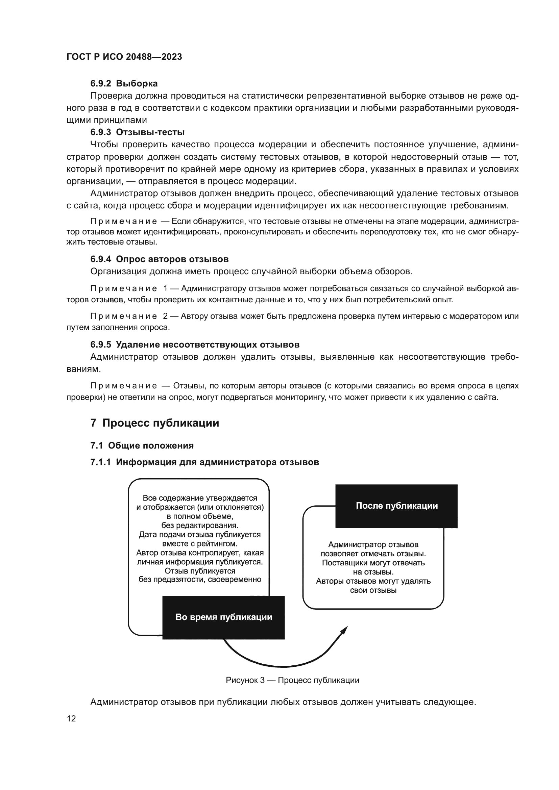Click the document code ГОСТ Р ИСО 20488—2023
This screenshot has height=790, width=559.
pos(124,57)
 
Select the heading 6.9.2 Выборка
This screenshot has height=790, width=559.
pos(124,84)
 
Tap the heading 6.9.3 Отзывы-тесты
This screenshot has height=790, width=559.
pos(137,132)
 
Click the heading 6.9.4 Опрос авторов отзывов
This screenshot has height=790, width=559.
pos(160,259)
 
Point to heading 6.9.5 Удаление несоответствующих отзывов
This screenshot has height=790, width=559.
pos(195,345)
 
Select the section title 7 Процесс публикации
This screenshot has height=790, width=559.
pos(154,423)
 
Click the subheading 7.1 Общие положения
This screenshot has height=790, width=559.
pos(142,445)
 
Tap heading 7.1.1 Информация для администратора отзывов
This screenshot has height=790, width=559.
pos(204,462)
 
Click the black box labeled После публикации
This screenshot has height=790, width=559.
pos(396,506)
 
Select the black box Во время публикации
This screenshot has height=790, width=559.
pos(223,617)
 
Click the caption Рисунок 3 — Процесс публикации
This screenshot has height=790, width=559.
pos(292,680)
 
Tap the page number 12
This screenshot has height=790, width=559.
pos(71,718)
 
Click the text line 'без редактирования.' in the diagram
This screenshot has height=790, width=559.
pos(200,526)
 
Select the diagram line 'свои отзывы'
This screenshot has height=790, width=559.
pos(373,590)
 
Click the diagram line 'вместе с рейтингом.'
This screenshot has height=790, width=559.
pos(200,544)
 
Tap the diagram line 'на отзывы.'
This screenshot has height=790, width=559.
pos(373,572)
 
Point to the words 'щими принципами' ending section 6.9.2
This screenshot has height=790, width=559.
pos(107,120)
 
